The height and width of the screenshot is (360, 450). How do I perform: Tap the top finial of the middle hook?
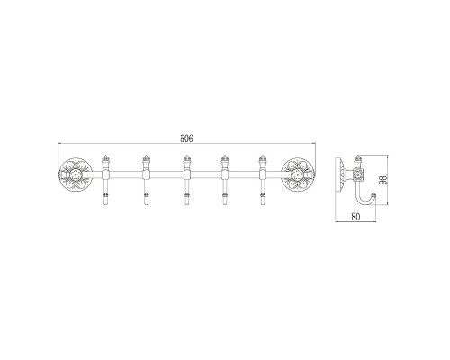click(185, 158)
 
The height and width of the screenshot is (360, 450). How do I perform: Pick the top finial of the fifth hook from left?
click(263, 158)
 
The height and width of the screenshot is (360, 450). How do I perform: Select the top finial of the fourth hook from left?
click(224, 158)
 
